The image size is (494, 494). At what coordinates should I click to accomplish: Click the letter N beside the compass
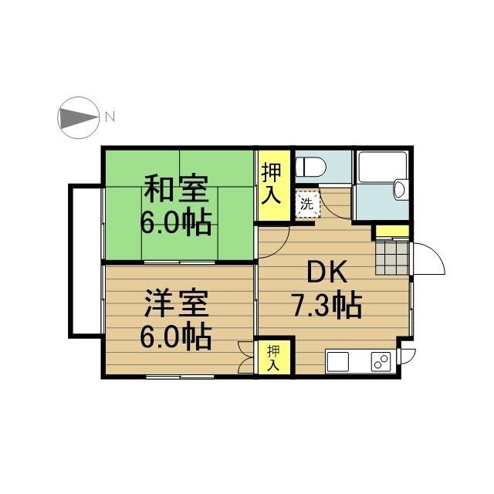(110, 117)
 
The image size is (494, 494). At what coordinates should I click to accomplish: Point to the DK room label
(329, 272)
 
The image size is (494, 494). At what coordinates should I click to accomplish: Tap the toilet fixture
(314, 166)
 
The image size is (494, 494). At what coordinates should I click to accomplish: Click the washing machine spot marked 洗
(306, 205)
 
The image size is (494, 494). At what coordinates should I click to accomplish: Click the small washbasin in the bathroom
(400, 188)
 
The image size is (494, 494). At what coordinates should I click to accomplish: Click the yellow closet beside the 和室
(271, 183)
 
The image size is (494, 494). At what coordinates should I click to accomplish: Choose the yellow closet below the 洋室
(274, 357)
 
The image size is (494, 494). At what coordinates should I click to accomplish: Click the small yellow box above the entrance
(391, 230)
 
